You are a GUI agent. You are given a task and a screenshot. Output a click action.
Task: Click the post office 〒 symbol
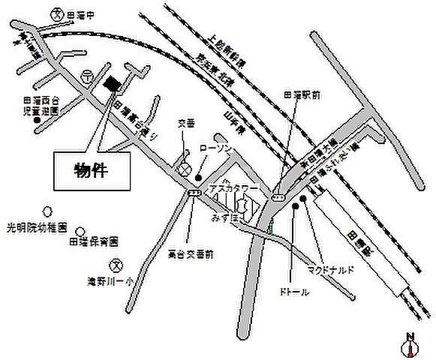(88, 75)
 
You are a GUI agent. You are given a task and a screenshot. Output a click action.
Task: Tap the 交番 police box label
(185, 122)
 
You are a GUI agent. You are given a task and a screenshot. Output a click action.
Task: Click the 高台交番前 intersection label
(191, 253)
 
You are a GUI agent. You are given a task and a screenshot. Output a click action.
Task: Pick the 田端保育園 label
(94, 241)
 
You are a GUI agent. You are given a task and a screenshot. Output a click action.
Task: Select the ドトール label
(295, 291)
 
